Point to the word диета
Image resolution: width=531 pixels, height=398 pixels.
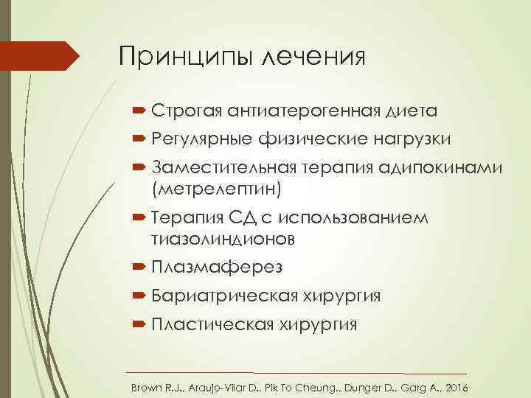click(x=410, y=111)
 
